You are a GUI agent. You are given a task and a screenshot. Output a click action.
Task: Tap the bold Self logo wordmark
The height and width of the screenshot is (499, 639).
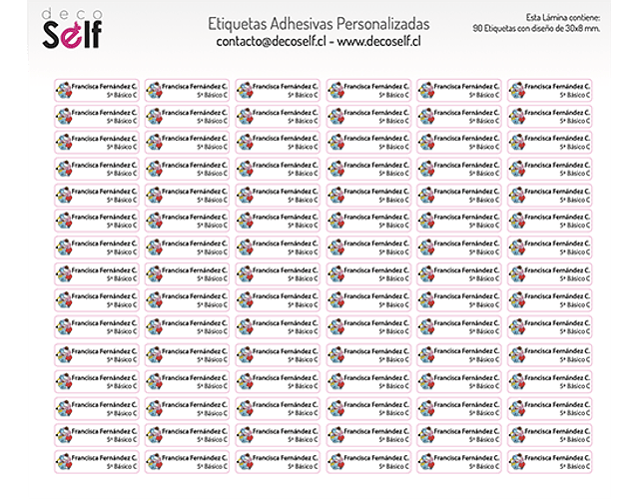[x=71, y=38]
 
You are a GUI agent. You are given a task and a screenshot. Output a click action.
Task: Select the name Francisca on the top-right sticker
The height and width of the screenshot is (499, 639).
[x=540, y=86]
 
